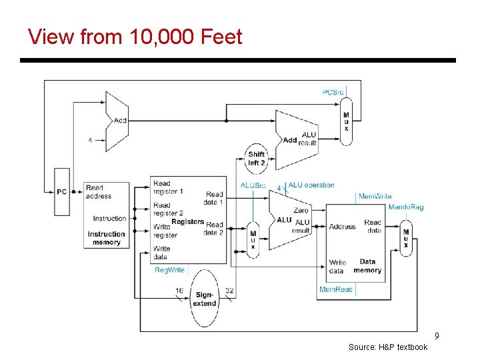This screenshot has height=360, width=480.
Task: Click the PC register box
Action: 61,192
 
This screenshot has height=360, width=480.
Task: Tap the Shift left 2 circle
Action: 257,158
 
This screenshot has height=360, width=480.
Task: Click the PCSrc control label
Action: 333,91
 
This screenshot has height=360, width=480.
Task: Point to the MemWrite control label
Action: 375,196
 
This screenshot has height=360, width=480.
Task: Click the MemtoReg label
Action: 405,207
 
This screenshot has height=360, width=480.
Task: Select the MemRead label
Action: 335,289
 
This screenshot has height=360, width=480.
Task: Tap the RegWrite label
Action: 169,270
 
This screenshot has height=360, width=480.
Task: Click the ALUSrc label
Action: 253,185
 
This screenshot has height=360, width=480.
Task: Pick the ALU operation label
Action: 311,185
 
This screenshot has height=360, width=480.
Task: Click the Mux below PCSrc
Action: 345,121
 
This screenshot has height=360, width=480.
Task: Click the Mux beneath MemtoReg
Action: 405,238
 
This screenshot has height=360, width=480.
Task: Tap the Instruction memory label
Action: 106,238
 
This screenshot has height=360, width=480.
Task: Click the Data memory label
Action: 367,266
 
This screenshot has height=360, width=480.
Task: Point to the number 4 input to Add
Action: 90,141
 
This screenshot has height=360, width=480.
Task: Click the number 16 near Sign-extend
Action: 179,291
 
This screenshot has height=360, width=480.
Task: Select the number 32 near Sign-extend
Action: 229,291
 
